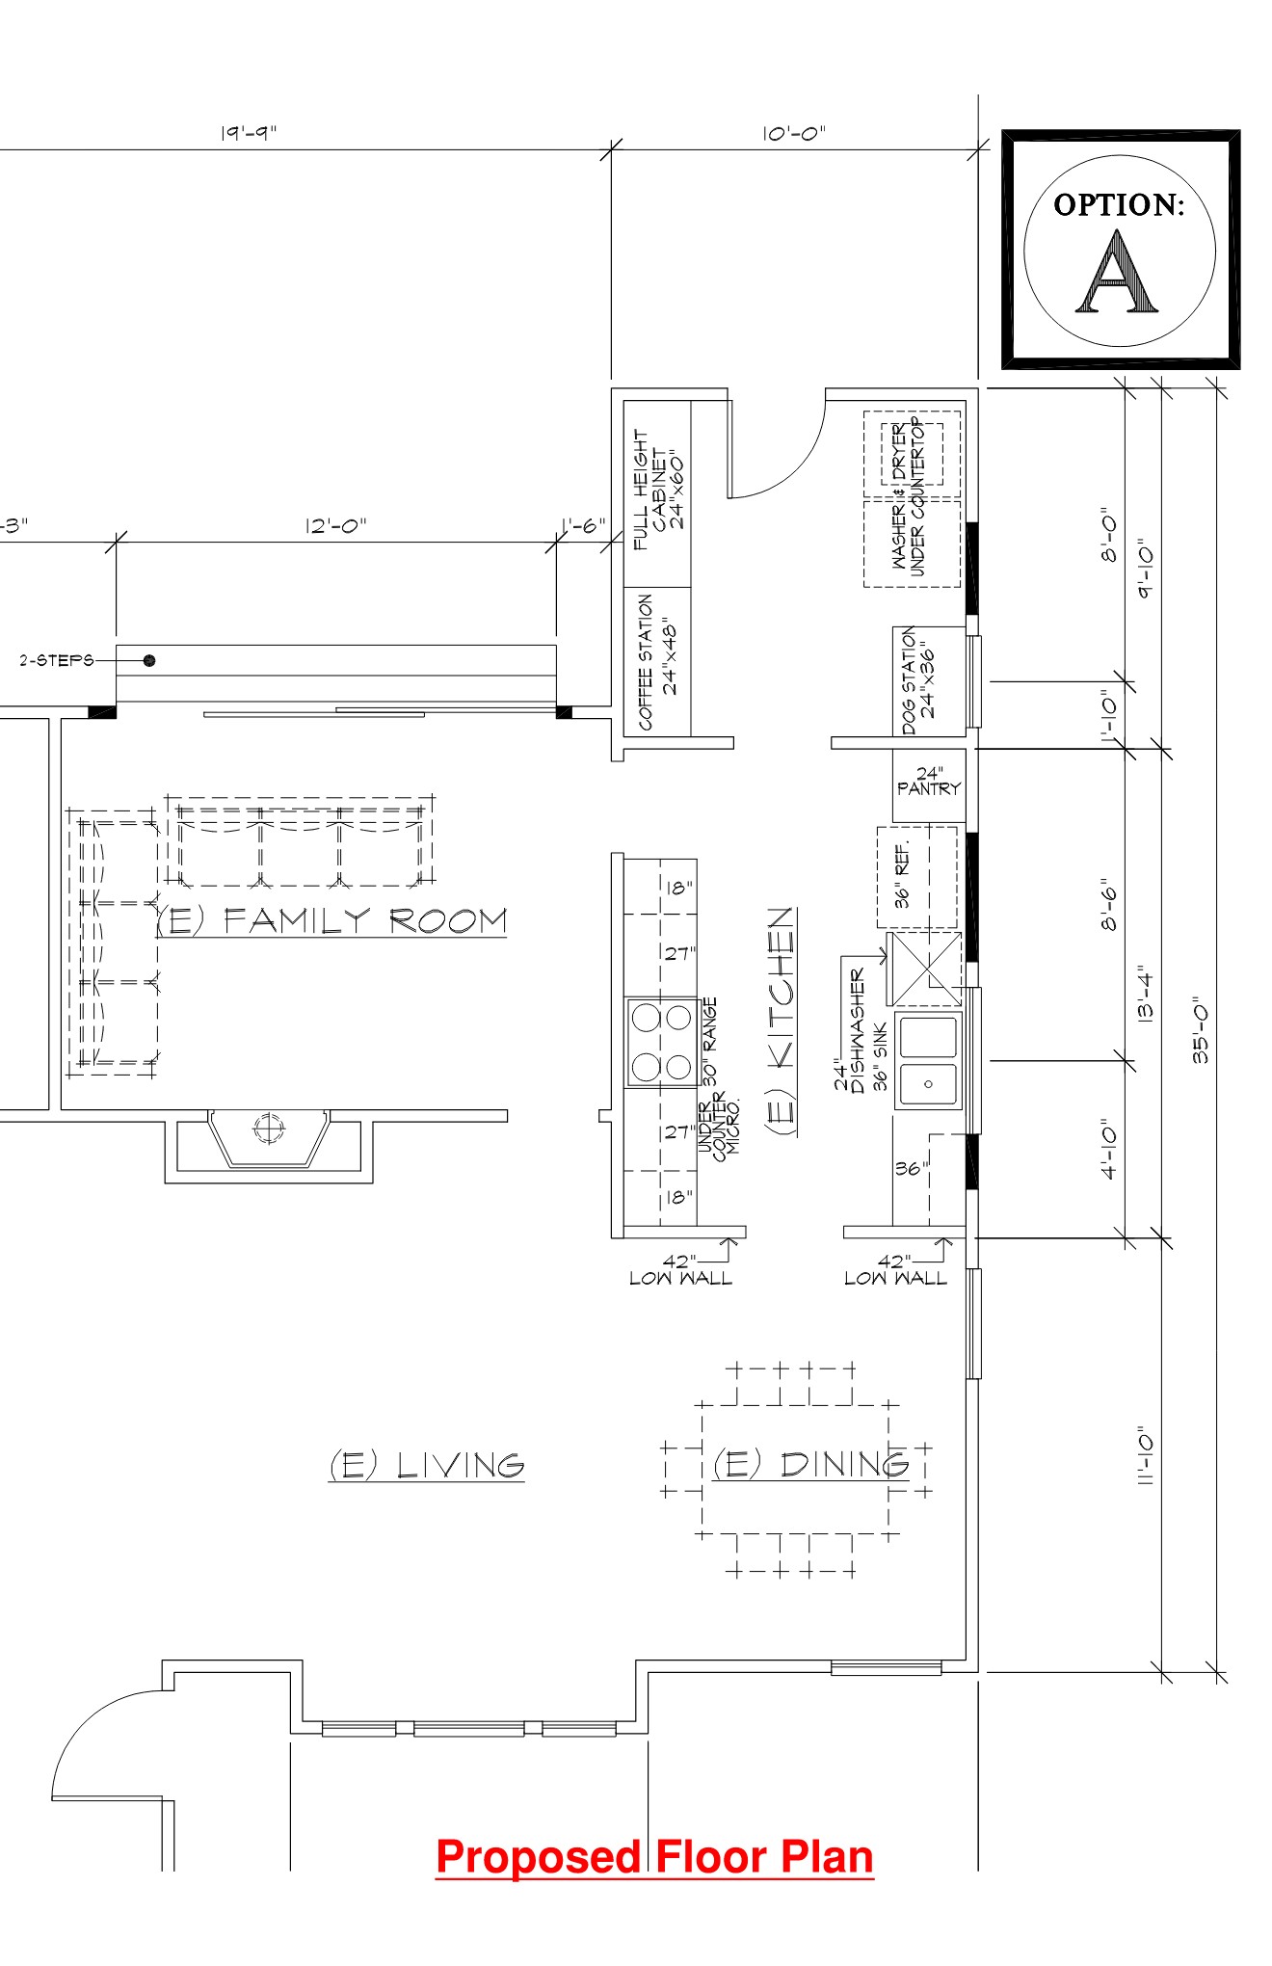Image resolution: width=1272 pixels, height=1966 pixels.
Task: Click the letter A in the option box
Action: coord(1118,273)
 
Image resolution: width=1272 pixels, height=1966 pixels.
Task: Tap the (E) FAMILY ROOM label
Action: coord(331,921)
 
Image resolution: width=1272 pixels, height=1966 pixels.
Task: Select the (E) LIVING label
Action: coord(427,1465)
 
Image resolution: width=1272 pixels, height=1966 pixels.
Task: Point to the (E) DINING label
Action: coord(810,1464)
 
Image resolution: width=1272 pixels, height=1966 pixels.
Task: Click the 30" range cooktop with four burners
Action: coord(661,1042)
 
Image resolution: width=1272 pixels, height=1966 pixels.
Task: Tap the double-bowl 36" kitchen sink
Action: coord(928,1060)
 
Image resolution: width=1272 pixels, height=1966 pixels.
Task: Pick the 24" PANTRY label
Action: coord(929,781)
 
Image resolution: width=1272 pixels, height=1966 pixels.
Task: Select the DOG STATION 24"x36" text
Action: coord(918,681)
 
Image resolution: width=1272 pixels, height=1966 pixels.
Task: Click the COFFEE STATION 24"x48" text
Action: coord(657,662)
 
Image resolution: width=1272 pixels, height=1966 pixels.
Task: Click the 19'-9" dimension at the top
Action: coord(248,133)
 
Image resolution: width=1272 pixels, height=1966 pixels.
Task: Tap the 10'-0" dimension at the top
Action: coord(794,133)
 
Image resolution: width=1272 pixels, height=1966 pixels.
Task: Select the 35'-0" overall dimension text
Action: coord(1201,1029)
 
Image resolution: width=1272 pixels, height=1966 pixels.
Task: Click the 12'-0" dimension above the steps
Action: coord(335,525)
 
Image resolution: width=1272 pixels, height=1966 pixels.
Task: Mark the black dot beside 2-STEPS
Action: coord(149,660)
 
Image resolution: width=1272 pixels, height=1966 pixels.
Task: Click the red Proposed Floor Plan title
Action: coord(655,1857)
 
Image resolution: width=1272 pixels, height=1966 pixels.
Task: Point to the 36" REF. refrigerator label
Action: coord(902,875)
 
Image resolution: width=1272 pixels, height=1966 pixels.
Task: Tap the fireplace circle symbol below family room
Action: coord(269,1126)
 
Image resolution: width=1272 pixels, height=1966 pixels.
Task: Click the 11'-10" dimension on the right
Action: coord(1146,1455)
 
